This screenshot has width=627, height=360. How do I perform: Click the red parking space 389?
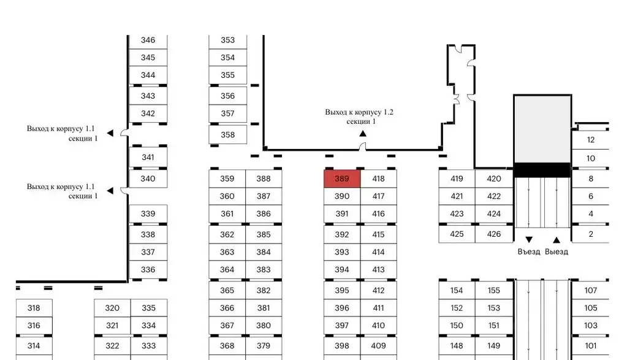[342, 179]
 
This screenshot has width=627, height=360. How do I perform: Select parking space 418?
[379, 179]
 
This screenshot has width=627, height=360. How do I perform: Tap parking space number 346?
[148, 40]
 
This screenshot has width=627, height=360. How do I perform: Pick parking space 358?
[227, 135]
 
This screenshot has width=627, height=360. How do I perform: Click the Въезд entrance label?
[529, 252]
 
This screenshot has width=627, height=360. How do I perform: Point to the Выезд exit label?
[557, 252]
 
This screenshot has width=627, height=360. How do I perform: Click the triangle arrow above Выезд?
[557, 240]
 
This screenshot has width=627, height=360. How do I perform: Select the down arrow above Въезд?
[529, 240]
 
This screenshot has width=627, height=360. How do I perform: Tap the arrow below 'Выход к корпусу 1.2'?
[363, 133]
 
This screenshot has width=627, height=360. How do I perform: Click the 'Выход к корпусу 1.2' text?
[359, 113]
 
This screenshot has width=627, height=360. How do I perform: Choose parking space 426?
[494, 234]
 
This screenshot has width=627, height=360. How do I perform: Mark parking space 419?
[457, 179]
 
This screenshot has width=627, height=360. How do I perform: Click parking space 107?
[591, 291]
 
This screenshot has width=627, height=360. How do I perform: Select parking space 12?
[591, 140]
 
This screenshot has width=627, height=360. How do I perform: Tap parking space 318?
[34, 308]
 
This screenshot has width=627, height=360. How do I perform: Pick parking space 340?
[148, 179]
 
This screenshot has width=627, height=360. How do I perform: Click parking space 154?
[457, 291]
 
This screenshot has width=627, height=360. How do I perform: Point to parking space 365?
[227, 291]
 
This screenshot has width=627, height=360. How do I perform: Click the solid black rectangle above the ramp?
[542, 170]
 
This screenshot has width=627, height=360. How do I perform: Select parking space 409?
[379, 346]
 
